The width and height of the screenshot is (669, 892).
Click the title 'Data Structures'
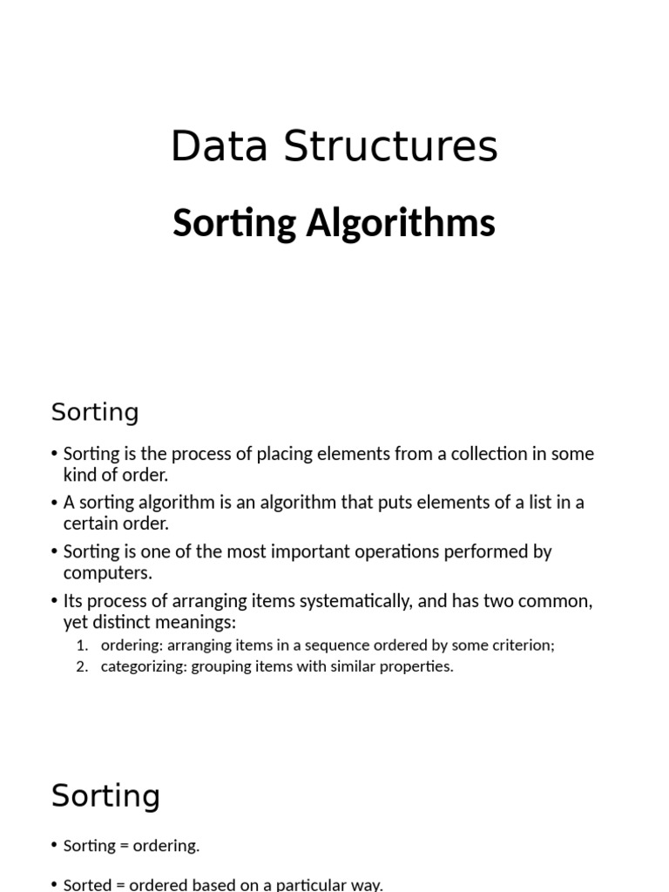(x=334, y=146)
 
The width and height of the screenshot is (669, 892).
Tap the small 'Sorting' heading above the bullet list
(x=95, y=412)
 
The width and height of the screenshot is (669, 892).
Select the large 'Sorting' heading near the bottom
(x=105, y=796)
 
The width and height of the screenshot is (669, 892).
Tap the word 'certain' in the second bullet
(x=91, y=524)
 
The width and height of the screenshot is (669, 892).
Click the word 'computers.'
(x=107, y=572)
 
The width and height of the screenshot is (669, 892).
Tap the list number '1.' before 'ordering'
(x=82, y=645)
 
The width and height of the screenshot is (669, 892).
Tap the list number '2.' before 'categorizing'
(x=82, y=666)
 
